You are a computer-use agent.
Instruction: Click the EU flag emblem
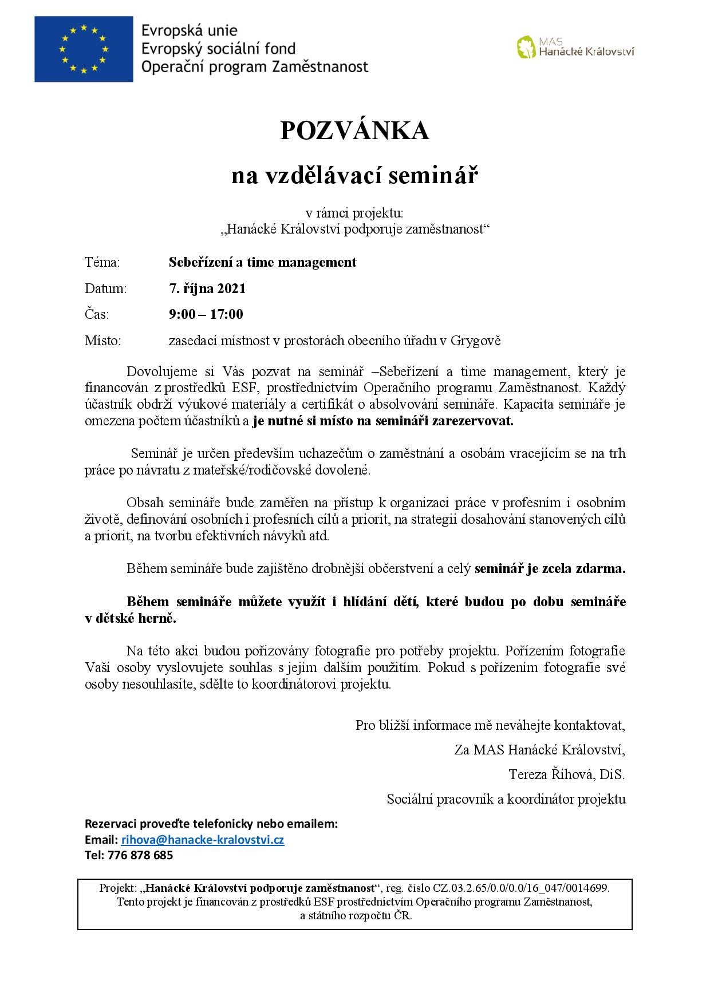pos(84,49)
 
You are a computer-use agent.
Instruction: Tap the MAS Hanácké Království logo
pos(575,48)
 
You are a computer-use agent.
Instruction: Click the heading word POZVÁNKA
pos(354,132)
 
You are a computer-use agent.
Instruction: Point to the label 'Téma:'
pos(102,262)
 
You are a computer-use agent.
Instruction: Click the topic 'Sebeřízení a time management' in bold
pos(262,262)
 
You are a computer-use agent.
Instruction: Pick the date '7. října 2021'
pos(207,288)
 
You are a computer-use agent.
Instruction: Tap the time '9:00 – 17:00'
pos(206,314)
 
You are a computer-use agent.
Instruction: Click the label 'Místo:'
pos(103,341)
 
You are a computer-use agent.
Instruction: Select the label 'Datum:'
pos(105,288)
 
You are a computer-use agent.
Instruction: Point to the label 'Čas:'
pos(97,314)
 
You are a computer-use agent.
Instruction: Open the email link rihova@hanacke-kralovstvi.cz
pos(203,840)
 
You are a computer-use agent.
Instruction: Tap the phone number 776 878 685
pos(140,855)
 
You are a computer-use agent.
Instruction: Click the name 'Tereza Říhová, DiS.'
pos(566,774)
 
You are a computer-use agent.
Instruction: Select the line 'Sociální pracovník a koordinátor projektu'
pos(506,799)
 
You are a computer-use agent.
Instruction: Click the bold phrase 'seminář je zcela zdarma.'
pos(550,569)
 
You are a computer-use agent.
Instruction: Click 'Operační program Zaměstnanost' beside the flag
pos(255,67)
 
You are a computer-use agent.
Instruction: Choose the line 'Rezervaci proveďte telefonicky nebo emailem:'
pos(211,824)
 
